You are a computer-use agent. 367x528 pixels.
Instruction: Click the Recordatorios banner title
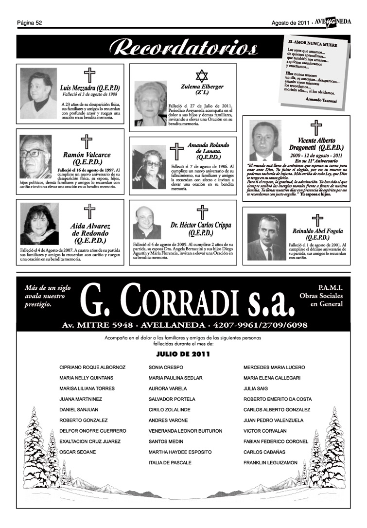(183, 49)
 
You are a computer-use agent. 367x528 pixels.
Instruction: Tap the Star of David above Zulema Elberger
(201, 76)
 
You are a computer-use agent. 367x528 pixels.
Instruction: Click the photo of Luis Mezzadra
(38, 93)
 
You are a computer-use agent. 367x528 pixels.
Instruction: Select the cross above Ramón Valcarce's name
(87, 142)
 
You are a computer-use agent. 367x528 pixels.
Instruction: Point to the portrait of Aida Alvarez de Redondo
(39, 223)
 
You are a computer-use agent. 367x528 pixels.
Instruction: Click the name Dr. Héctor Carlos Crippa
(201, 226)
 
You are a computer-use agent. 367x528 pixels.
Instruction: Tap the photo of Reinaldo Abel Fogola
(266, 237)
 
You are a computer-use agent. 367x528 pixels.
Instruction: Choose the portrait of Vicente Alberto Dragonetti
(265, 141)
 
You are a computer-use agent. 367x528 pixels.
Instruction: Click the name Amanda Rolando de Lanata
(208, 151)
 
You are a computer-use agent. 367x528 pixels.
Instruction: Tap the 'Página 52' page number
(30, 23)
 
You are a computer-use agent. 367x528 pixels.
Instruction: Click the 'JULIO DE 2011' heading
(183, 354)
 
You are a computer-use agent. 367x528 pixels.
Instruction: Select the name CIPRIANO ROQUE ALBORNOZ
(92, 367)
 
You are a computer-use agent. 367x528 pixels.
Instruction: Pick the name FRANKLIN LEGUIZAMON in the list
(270, 463)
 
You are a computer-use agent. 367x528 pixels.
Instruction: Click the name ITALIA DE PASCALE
(170, 463)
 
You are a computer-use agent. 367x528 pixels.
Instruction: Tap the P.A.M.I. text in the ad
(330, 287)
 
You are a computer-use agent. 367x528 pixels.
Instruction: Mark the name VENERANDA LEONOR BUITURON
(185, 431)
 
